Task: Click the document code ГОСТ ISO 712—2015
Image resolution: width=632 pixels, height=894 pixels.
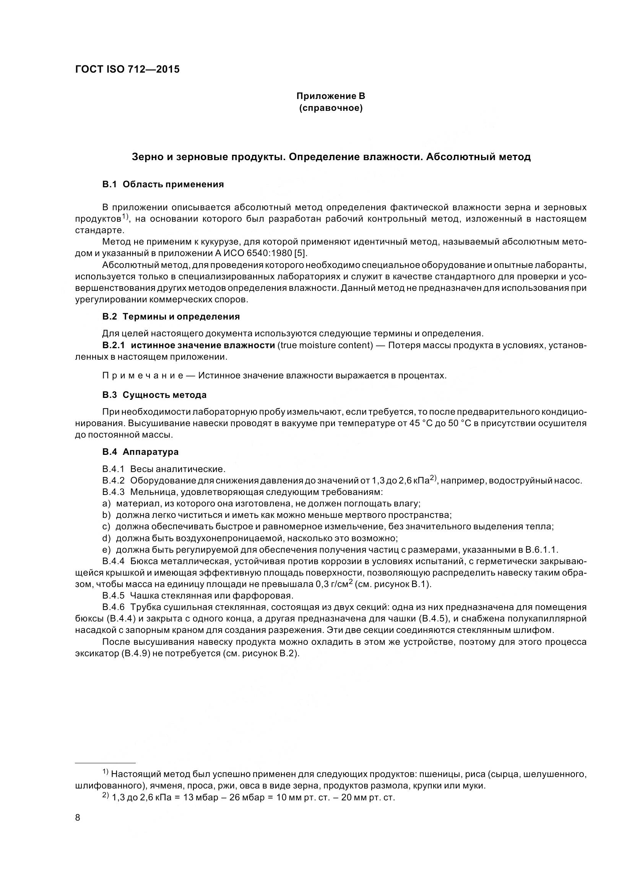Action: pos(127,69)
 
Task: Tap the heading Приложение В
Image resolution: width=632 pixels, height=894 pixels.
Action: pos(331,96)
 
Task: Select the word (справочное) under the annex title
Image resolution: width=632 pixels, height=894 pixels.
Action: pos(331,108)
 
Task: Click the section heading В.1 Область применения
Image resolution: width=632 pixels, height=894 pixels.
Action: pos(163,184)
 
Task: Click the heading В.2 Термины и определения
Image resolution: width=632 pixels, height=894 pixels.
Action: pos(171,316)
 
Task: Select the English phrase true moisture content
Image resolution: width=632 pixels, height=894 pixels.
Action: pos(325,346)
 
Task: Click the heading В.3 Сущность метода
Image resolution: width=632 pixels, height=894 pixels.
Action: pos(154,395)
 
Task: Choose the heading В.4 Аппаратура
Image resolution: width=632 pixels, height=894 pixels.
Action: pos(140,452)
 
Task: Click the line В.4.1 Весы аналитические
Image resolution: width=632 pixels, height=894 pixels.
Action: pos(164,469)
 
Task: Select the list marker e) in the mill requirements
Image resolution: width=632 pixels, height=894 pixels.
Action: pos(106,550)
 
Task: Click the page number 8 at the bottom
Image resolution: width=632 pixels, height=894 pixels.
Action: pos(78,818)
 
